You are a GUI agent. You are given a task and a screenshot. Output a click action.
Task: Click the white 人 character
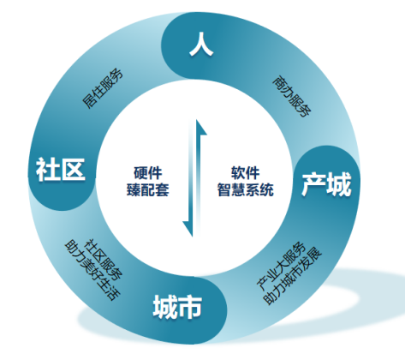click(201, 44)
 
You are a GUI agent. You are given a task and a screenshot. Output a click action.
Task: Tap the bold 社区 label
click(61, 170)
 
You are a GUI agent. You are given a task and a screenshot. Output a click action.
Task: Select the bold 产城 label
click(326, 184)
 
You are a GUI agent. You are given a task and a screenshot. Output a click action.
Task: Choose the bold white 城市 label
click(177, 307)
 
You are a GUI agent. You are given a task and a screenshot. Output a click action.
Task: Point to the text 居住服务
click(103, 88)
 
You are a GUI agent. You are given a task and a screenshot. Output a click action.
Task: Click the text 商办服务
click(291, 96)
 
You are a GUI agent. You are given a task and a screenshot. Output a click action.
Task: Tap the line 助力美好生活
click(92, 270)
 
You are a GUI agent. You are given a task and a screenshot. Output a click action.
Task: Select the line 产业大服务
click(281, 267)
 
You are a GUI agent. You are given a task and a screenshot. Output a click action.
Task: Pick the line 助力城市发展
click(293, 276)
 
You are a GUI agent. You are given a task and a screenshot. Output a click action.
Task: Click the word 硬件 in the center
click(148, 173)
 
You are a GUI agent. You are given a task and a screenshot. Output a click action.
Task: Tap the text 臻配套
click(148, 189)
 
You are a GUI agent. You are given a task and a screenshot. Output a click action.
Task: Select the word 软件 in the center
click(246, 173)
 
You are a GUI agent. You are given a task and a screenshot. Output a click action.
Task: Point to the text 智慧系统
click(246, 189)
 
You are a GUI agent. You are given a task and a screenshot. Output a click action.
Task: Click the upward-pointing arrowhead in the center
click(201, 128)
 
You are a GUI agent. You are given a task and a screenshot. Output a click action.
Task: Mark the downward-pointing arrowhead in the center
click(188, 229)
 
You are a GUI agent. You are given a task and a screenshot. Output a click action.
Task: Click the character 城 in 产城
click(339, 184)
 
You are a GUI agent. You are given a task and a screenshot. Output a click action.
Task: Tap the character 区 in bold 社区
click(74, 170)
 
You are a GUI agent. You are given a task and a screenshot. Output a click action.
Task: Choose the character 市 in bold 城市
click(190, 307)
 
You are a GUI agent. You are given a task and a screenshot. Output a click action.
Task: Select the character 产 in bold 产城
click(313, 184)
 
